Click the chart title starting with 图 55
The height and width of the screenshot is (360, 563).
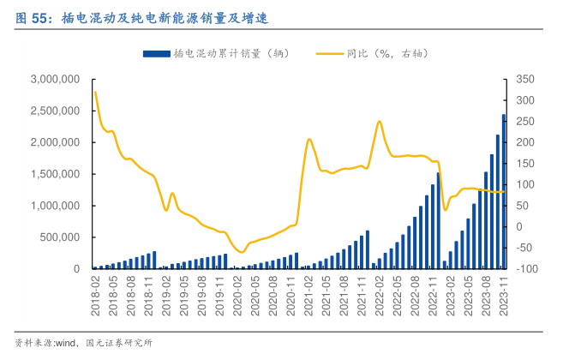click(x=137, y=15)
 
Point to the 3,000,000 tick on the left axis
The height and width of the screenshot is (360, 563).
click(x=54, y=79)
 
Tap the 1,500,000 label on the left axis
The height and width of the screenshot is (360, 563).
click(x=54, y=174)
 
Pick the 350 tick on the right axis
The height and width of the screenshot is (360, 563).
click(x=524, y=79)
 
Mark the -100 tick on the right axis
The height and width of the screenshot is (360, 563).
click(x=524, y=269)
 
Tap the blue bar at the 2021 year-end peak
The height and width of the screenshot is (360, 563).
click(x=368, y=249)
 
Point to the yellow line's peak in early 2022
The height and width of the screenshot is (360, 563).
click(x=379, y=122)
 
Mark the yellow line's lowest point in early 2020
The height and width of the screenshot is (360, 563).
click(x=241, y=252)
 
